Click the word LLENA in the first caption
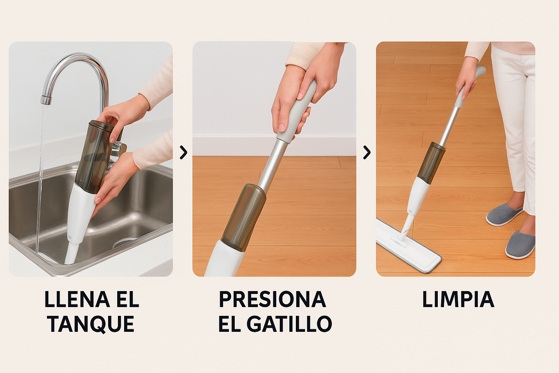[x=77, y=299]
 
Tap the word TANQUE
[x=91, y=324]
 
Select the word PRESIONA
[x=273, y=299]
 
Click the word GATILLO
[x=289, y=324]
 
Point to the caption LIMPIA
[x=458, y=299]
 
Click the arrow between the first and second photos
[x=183, y=152]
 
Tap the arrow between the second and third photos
[x=366, y=152]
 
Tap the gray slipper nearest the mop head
[x=504, y=214]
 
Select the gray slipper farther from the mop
[x=520, y=245]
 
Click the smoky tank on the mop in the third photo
[x=431, y=162]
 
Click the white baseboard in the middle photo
[x=274, y=145]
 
